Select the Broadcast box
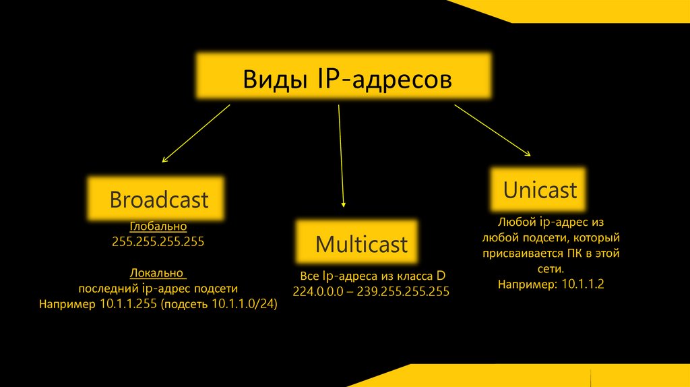[157, 200]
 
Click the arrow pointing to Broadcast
[195, 133]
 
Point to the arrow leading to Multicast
[341, 155]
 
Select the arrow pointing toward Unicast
[492, 130]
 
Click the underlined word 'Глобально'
[158, 227]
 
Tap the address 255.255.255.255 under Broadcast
[158, 241]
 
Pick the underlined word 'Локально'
[158, 273]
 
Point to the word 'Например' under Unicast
[523, 285]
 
